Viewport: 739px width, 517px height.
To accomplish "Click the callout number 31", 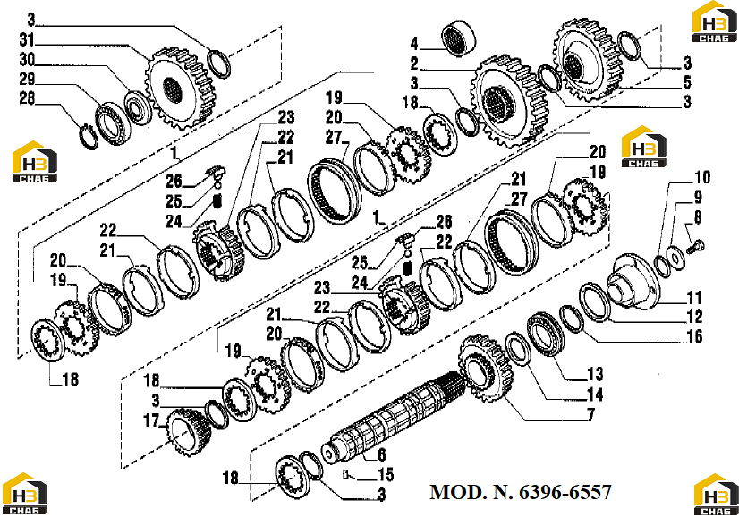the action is (x=27, y=39).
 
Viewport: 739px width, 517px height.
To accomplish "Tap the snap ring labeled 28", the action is (x=89, y=137).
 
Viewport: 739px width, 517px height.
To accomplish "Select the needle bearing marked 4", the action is (x=459, y=38).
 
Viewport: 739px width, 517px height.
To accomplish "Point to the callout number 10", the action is (x=702, y=177).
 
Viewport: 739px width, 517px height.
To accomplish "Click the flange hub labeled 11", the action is (x=633, y=282).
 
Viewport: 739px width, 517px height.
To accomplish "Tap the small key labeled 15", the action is (x=345, y=475).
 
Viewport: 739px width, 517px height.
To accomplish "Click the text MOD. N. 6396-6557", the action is (x=521, y=492).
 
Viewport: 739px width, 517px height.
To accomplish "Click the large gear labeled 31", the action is (x=182, y=89).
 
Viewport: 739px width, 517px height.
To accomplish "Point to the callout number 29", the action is (x=28, y=79).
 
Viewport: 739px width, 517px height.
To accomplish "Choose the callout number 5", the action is (x=688, y=82).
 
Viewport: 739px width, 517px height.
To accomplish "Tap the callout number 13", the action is (x=595, y=374).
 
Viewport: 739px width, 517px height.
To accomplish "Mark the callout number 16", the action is (x=694, y=336).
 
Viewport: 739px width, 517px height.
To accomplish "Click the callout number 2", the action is (x=414, y=64).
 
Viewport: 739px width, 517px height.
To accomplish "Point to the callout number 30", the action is (x=28, y=59).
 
